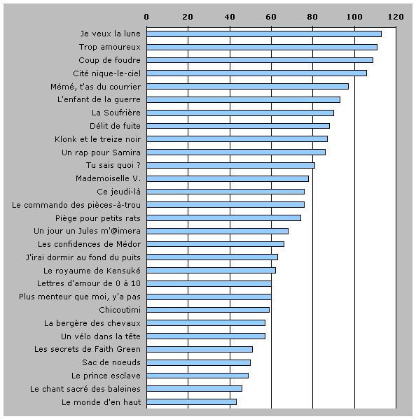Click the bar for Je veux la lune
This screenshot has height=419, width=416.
[264, 34]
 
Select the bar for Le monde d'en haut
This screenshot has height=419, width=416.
[191, 402]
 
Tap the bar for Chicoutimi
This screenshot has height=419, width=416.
[208, 310]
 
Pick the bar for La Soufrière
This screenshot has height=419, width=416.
[240, 113]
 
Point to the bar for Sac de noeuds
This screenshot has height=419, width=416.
[198, 362]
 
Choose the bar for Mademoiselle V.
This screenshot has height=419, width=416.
[228, 178]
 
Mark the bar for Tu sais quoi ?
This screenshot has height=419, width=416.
[230, 165]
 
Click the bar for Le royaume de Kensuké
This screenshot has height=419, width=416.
[211, 271]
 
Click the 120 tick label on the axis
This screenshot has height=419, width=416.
[396, 17]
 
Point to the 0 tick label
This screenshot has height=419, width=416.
[146, 17]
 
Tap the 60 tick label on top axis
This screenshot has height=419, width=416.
[271, 17]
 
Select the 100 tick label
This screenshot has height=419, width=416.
[354, 17]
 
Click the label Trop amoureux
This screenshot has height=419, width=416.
[110, 47]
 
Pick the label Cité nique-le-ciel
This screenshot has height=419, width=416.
[106, 73]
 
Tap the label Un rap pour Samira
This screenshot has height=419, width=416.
[101, 152]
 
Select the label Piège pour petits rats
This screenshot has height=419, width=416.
[98, 218]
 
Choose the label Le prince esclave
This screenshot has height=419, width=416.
[106, 376]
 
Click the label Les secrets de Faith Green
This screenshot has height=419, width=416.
[88, 349]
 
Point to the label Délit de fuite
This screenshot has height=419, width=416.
[115, 126]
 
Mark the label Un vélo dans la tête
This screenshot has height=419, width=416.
[101, 336]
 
